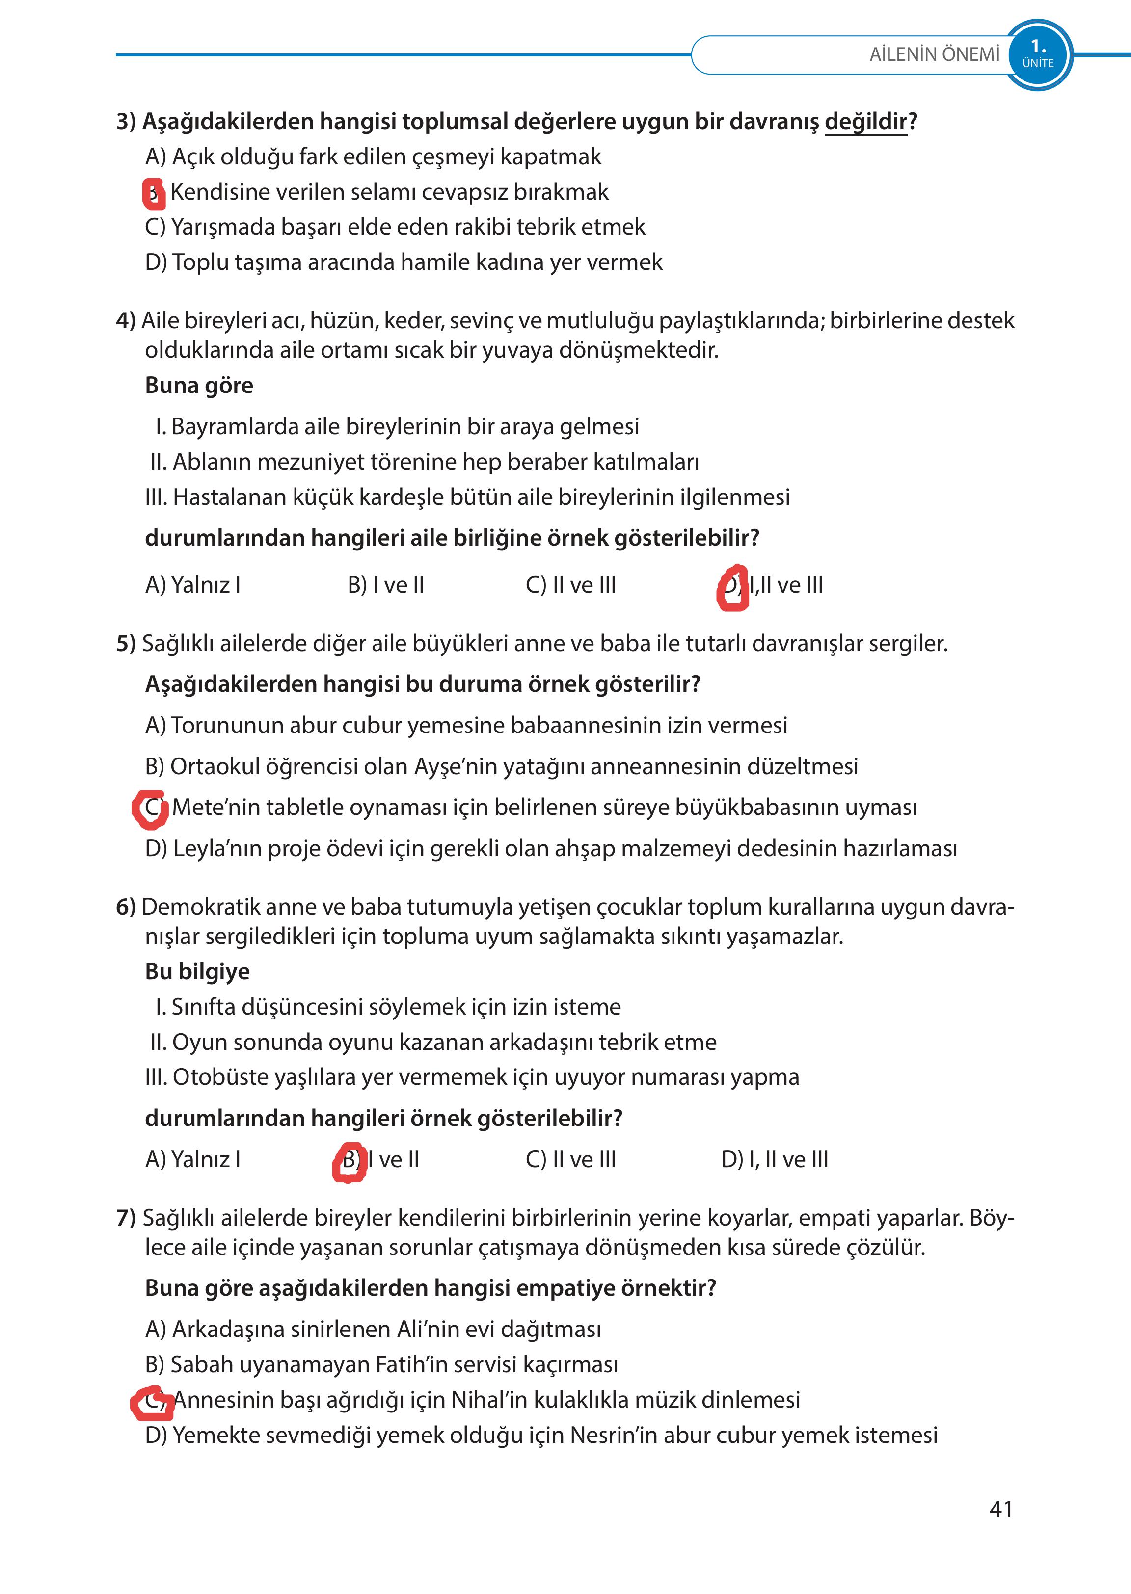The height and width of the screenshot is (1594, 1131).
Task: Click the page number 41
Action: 1001,1508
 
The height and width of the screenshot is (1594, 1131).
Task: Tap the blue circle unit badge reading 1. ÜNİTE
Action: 1038,54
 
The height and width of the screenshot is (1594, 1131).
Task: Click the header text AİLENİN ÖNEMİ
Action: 934,54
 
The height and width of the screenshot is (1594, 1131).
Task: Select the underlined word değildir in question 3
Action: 865,122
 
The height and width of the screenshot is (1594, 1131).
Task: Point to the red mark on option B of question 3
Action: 153,193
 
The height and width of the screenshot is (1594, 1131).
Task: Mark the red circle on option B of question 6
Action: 349,1162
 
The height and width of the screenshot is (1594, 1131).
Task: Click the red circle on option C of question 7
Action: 152,1402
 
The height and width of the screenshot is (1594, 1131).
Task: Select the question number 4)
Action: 125,321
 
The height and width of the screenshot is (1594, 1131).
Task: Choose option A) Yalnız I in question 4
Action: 193,585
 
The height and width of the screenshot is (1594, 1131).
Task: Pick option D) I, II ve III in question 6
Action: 775,1160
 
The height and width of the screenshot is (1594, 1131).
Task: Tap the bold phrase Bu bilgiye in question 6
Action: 197,971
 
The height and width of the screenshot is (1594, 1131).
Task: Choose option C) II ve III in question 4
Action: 570,585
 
